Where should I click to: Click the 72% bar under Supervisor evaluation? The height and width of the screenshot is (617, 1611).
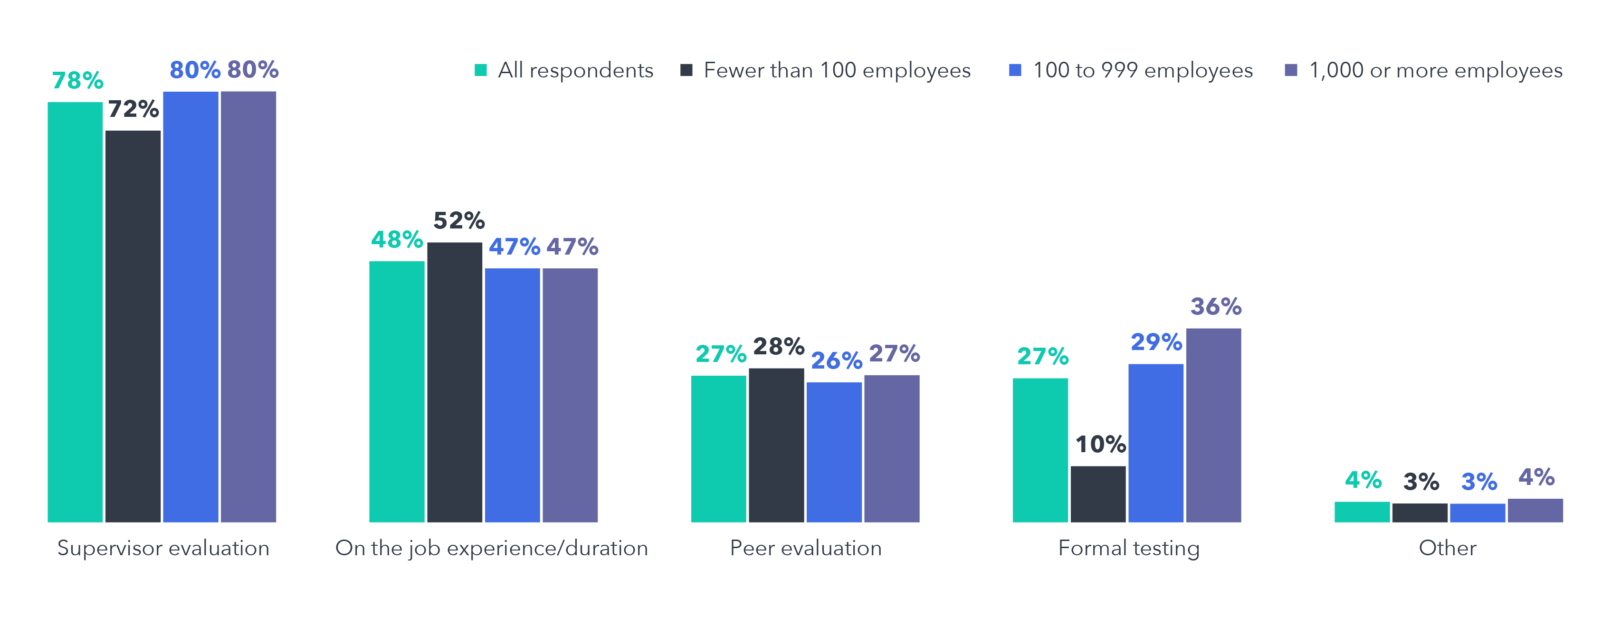133,325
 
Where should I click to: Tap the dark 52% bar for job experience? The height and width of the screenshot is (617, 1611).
455,381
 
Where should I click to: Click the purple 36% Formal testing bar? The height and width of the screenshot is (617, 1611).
1213,425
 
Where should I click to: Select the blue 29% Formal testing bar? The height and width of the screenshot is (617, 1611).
1156,443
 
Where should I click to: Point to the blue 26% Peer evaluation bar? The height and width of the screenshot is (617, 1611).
834,451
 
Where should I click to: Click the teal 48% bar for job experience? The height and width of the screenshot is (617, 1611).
397,391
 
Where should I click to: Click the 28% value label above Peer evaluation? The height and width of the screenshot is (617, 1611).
778,346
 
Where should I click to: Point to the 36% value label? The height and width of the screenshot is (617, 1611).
1215,306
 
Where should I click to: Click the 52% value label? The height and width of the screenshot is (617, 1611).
458,220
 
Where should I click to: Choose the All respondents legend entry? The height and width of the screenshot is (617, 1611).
575,70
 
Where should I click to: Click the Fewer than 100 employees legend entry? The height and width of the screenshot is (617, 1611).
836,70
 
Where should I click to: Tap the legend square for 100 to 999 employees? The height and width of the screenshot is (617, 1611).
1015,70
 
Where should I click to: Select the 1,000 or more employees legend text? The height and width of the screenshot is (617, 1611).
1435,70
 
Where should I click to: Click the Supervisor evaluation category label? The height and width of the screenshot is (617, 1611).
163,548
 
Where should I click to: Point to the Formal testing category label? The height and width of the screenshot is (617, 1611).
1128,548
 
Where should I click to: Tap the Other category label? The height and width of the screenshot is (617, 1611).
1447,548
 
